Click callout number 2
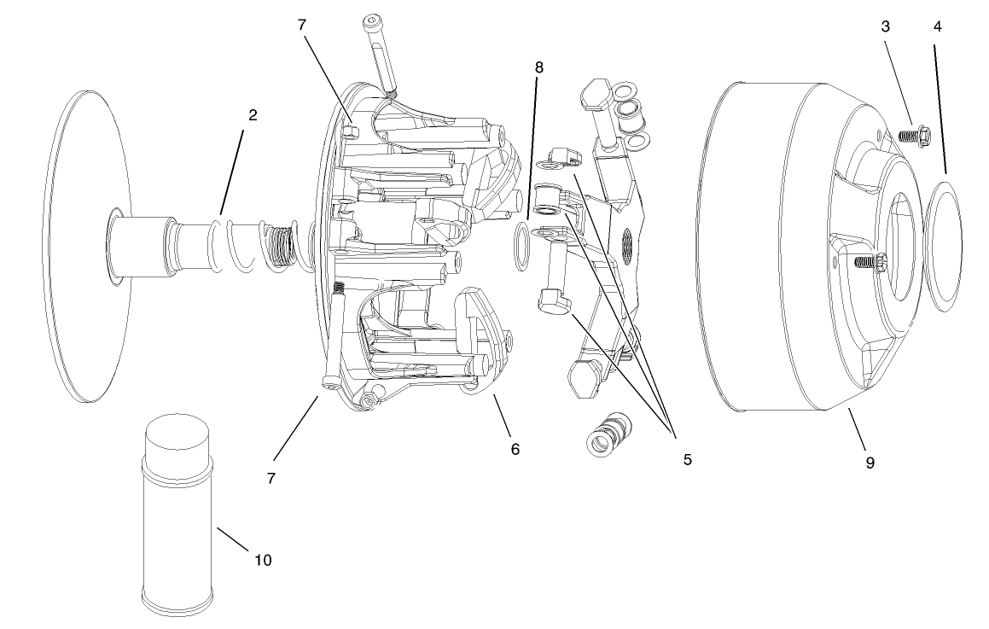pyautogui.click(x=252, y=114)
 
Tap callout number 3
pyautogui.click(x=886, y=26)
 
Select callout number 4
pyautogui.click(x=937, y=26)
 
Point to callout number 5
pyautogui.click(x=687, y=459)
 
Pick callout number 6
pyautogui.click(x=515, y=449)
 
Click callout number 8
pyautogui.click(x=537, y=67)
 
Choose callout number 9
pyautogui.click(x=870, y=463)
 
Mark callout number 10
pyautogui.click(x=263, y=560)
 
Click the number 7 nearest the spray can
pyautogui.click(x=271, y=478)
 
